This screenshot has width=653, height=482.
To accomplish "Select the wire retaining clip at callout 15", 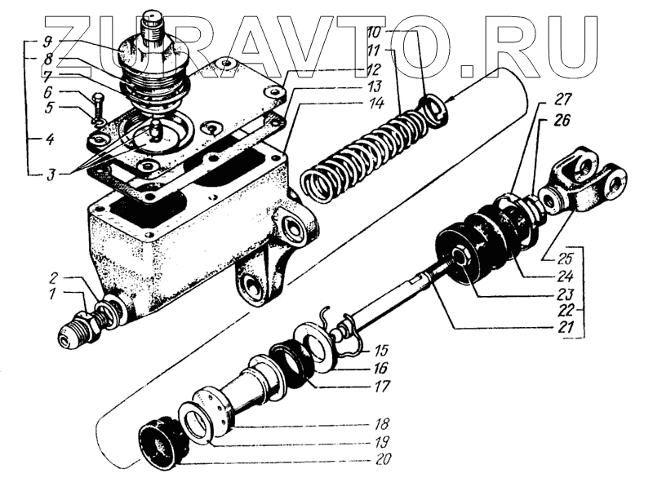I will click(x=342, y=327).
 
